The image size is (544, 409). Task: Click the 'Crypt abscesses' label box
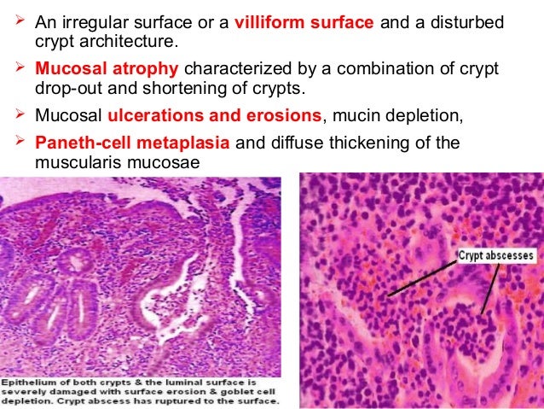click(495, 254)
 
